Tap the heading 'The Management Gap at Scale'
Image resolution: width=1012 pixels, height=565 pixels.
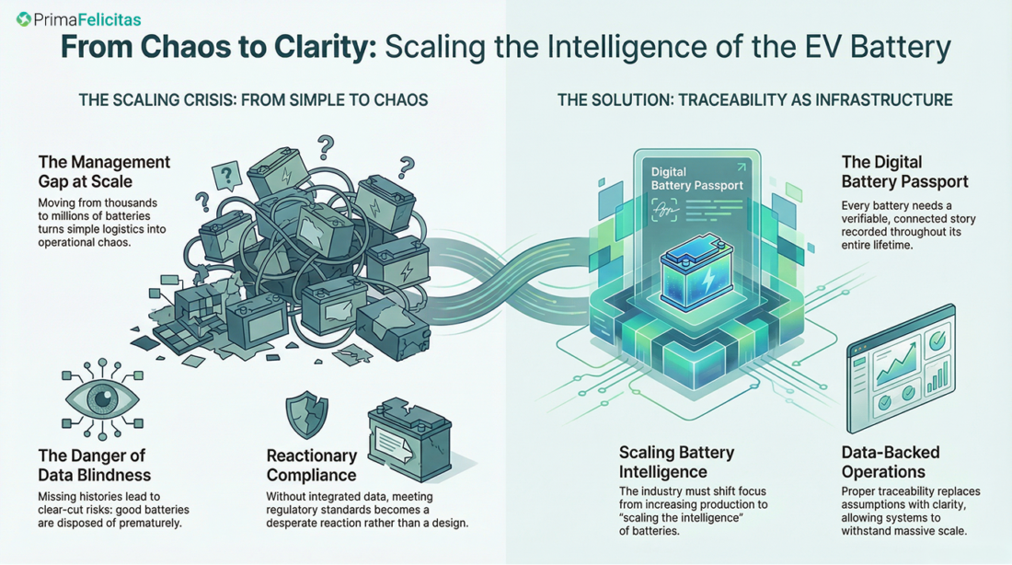coord(104,171)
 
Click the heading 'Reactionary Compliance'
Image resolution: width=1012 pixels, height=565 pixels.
coord(312,466)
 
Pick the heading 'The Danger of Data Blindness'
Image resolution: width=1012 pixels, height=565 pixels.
coord(91,466)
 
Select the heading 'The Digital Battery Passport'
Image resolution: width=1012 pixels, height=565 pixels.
coord(904,172)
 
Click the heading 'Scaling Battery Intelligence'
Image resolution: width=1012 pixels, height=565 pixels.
coord(676,462)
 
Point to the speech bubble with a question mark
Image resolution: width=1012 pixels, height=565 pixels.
coord(225,173)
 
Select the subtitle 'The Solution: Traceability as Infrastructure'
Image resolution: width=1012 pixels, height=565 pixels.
coord(754,98)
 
